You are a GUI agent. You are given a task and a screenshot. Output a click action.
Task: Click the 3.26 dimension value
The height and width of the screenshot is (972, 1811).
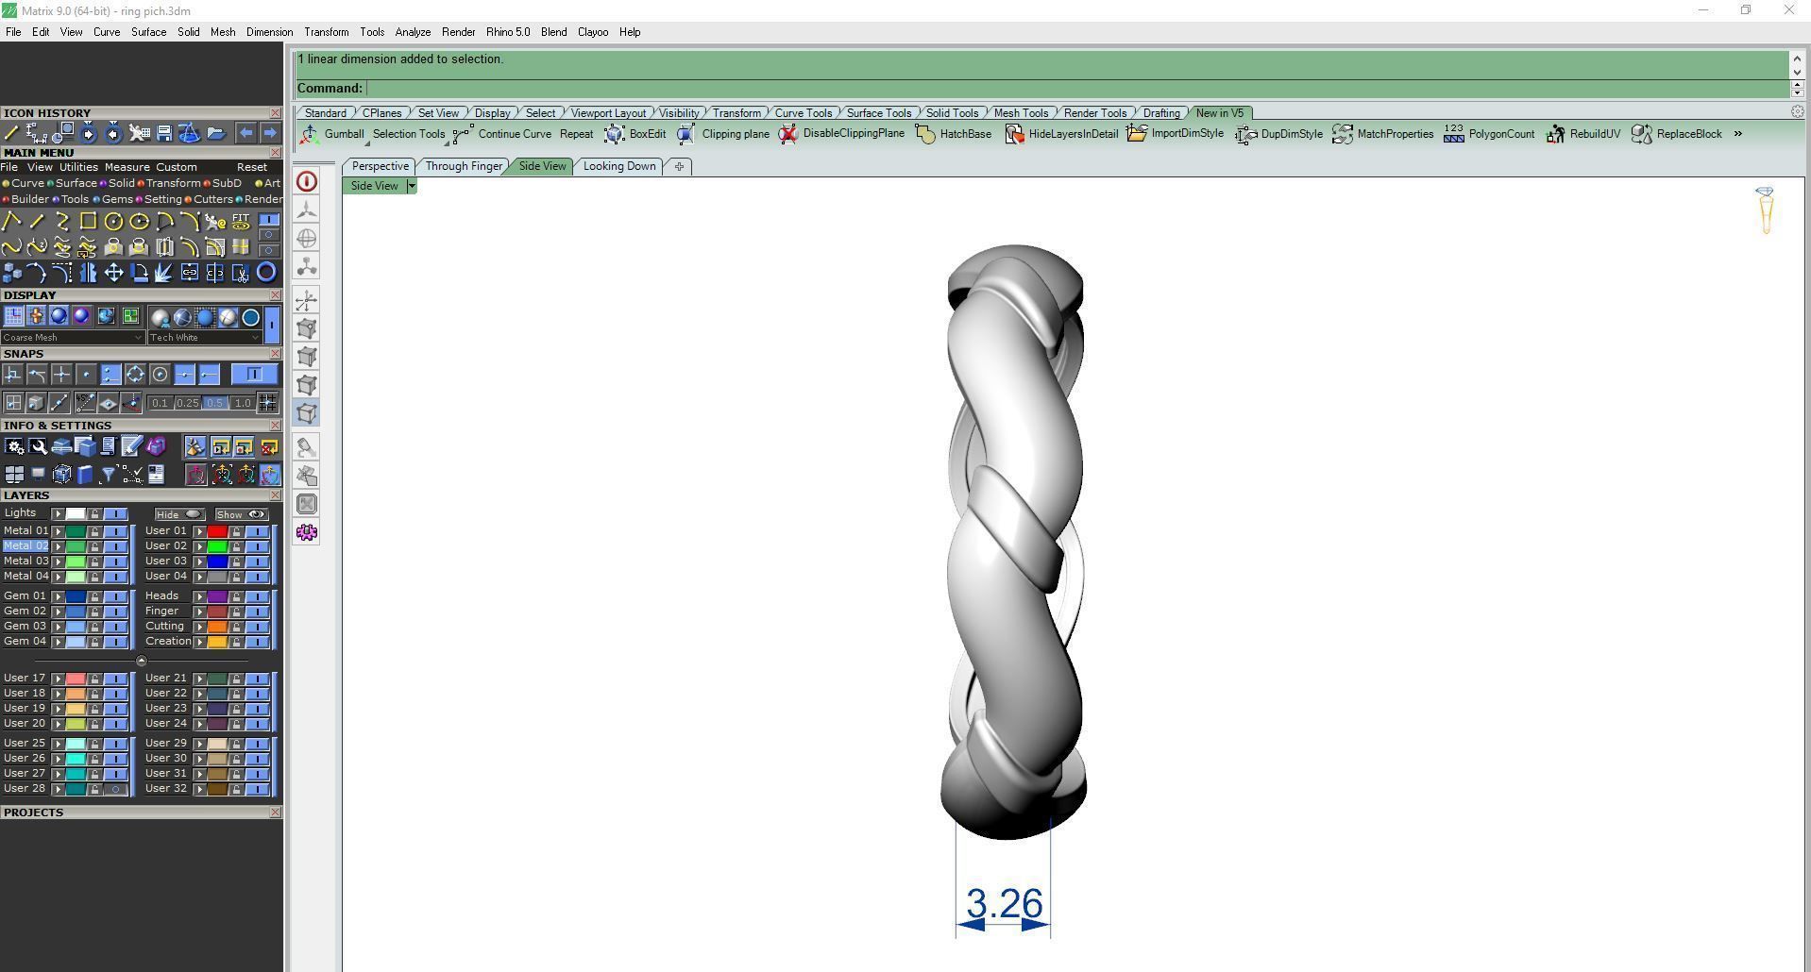pyautogui.click(x=1004, y=903)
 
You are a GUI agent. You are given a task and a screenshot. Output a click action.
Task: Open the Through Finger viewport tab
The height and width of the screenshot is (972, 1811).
pyautogui.click(x=464, y=166)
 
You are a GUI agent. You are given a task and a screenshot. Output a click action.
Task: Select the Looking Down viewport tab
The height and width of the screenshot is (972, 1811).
pyautogui.click(x=618, y=166)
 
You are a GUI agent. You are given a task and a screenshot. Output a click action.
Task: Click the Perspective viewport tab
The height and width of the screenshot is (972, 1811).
pyautogui.click(x=380, y=166)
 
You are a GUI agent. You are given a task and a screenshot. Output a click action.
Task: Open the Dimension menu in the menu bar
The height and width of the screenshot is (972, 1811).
pyautogui.click(x=269, y=32)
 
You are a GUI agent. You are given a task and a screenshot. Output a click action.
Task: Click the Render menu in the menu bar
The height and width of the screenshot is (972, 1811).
pyautogui.click(x=458, y=32)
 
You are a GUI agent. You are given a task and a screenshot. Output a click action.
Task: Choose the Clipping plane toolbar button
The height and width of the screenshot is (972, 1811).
pyautogui.click(x=723, y=134)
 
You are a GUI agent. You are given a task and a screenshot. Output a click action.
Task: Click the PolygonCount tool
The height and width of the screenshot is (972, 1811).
pyautogui.click(x=1489, y=134)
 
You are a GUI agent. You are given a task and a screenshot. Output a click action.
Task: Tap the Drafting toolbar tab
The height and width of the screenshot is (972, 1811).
pyautogui.click(x=1160, y=113)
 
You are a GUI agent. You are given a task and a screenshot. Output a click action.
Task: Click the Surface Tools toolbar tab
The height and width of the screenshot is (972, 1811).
pyautogui.click(x=878, y=113)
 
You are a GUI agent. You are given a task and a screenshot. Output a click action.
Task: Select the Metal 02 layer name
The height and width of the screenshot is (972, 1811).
pyautogui.click(x=25, y=545)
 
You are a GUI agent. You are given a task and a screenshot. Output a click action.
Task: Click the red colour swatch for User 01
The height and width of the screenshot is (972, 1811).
pyautogui.click(x=217, y=531)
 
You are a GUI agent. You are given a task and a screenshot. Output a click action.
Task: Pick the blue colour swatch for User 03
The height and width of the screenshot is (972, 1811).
pyautogui.click(x=217, y=561)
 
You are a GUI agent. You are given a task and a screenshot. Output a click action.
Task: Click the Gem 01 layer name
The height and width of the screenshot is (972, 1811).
pyautogui.click(x=25, y=596)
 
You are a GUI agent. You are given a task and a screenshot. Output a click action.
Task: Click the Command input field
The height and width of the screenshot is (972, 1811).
pyautogui.click(x=1076, y=88)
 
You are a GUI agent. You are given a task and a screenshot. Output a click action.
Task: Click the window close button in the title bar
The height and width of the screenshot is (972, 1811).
pyautogui.click(x=1788, y=10)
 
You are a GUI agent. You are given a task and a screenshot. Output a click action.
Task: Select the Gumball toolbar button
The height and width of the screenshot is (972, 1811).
pyautogui.click(x=332, y=134)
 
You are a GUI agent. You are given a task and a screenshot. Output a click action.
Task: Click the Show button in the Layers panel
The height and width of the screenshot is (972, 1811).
pyautogui.click(x=241, y=514)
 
